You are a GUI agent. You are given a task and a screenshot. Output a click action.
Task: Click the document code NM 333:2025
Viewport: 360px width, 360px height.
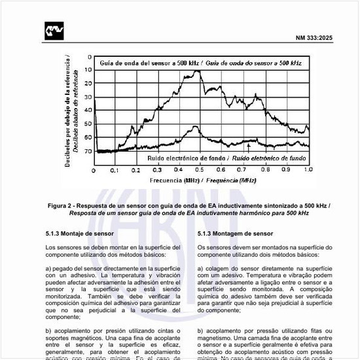pyautogui.click(x=314, y=38)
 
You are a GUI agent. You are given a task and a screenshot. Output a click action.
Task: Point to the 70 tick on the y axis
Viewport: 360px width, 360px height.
pyautogui.click(x=88, y=152)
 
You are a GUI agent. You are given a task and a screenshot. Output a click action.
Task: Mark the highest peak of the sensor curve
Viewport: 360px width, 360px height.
pyautogui.click(x=198, y=71)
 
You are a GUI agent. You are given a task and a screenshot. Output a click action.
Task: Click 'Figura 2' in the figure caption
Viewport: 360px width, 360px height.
pyautogui.click(x=62, y=206)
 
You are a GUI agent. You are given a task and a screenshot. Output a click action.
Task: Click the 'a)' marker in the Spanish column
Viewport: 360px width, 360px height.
pyautogui.click(x=48, y=268)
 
